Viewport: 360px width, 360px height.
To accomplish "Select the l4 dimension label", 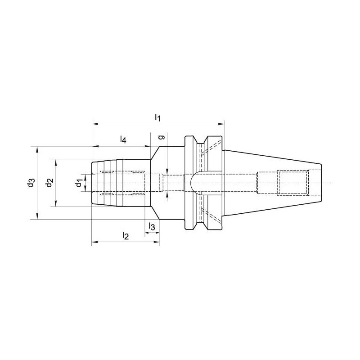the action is click(x=123, y=139).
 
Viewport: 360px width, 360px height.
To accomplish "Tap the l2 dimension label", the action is click(x=126, y=236).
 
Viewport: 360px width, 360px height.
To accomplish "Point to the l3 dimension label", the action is click(x=152, y=227).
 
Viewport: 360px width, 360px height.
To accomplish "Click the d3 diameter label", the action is click(x=31, y=183).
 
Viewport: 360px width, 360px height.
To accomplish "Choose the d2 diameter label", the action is click(x=49, y=183).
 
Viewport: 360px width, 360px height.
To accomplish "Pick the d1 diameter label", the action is click(x=79, y=183).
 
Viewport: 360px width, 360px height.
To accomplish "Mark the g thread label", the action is click(x=162, y=137).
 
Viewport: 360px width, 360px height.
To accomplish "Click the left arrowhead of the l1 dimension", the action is click(x=95, y=124).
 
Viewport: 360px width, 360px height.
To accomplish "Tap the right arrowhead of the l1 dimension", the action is click(x=221, y=124).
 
